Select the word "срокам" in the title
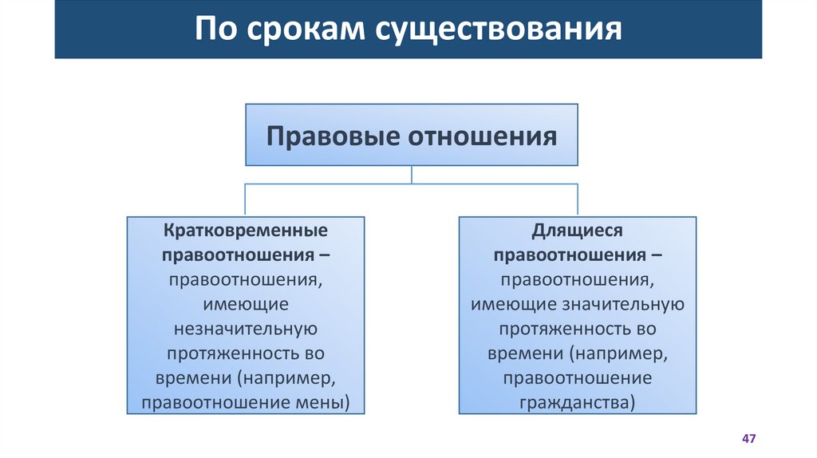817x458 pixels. tap(303, 30)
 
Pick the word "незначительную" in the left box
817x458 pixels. tap(246, 329)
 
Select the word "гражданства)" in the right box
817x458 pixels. tap(578, 402)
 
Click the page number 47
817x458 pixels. tap(748, 440)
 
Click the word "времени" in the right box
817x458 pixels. tap(517, 353)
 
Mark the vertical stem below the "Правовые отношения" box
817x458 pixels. tap(412, 175)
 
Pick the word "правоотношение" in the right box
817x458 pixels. tap(578, 377)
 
